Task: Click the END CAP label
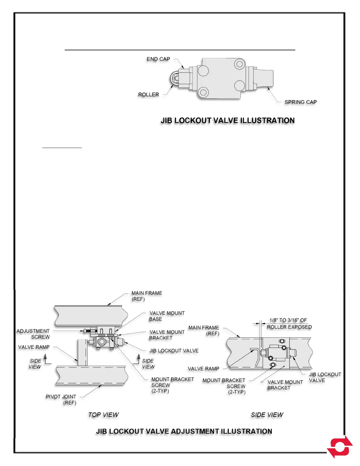158,59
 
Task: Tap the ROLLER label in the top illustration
149,94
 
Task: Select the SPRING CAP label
300,102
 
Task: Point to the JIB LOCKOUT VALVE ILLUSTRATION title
227,121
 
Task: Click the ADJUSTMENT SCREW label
33,334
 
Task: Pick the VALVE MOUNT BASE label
167,316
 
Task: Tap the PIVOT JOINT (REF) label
61,400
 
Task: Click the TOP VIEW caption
103,415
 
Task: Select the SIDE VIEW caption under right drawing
267,415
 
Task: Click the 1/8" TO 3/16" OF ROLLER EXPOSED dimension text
289,324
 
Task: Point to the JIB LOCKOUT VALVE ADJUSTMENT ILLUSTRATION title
184,431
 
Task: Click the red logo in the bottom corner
340,447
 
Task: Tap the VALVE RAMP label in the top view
34,347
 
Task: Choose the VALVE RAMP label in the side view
204,369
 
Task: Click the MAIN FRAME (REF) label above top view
147,296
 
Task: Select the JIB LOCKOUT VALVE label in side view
325,377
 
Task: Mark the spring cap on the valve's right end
264,79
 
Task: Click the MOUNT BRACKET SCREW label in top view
172,385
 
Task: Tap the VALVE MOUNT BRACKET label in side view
285,385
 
